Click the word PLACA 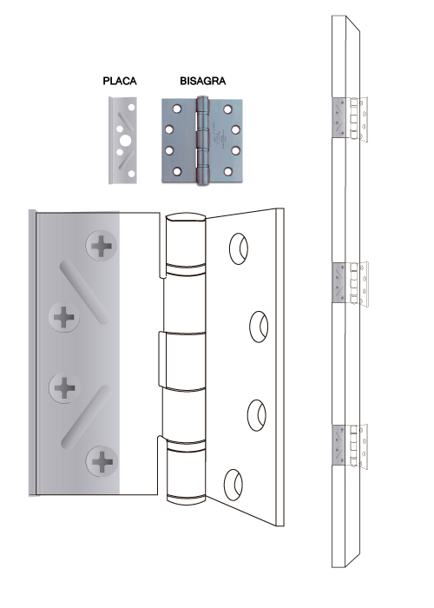click(120, 81)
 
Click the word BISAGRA click(202, 81)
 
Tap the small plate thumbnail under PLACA click(122, 140)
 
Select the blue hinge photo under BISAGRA click(202, 141)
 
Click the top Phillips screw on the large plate click(102, 246)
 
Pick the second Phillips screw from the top click(64, 317)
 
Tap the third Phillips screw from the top click(64, 387)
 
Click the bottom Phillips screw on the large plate click(102, 461)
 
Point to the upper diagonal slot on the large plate click(84, 293)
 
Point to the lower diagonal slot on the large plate click(86, 417)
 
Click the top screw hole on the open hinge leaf click(239, 249)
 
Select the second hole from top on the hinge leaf click(259, 327)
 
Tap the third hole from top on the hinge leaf click(257, 415)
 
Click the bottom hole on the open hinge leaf click(233, 485)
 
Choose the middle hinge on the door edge click(350, 283)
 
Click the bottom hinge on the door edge click(350, 446)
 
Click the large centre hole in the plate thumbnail click(125, 141)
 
